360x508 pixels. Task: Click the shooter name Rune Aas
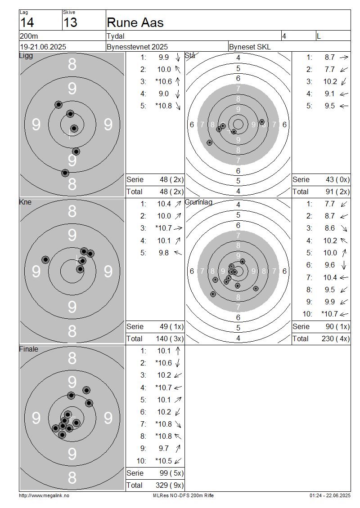[x=135, y=22]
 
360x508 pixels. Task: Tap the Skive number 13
[x=70, y=22]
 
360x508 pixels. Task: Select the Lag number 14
[x=27, y=22]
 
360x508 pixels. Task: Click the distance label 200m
[x=29, y=36]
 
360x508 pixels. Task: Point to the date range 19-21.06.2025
[x=43, y=47]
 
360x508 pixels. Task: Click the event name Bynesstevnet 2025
[x=137, y=47]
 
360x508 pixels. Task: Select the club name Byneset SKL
[x=250, y=47]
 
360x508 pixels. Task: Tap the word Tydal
[x=116, y=36]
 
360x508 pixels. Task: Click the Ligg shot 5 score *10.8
[x=163, y=106]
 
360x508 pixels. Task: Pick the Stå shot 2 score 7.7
[x=330, y=69]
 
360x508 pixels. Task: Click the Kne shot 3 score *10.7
[x=163, y=228]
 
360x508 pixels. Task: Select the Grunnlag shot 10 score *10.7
[x=329, y=314]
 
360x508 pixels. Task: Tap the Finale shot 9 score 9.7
[x=164, y=448]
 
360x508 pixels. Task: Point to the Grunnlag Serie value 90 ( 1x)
[x=337, y=326]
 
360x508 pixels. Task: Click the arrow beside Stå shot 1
[x=344, y=58]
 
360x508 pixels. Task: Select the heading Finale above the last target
[x=28, y=349]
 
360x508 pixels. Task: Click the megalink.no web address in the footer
[x=44, y=495]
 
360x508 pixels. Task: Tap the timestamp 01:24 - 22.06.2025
[x=330, y=495]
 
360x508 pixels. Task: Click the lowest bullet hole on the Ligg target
[x=65, y=173]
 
